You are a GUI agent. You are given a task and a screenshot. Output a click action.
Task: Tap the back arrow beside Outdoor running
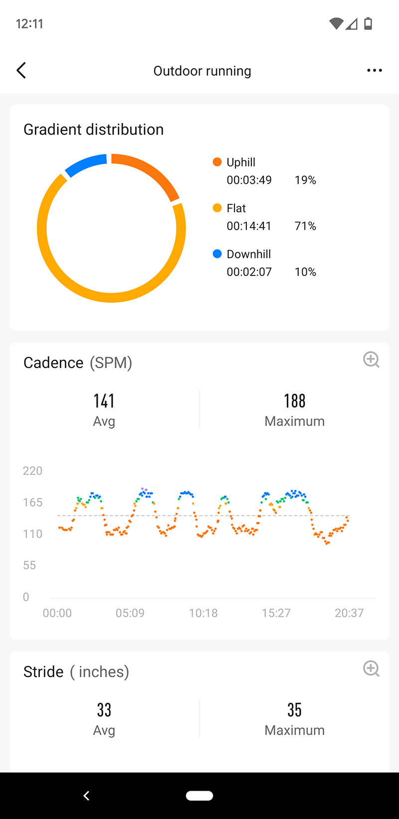pyautogui.click(x=21, y=71)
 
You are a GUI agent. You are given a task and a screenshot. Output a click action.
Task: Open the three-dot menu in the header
pyautogui.click(x=374, y=71)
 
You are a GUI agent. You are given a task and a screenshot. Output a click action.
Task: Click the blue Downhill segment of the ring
pyautogui.click(x=85, y=165)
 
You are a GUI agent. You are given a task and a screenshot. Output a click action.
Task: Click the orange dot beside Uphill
pyautogui.click(x=217, y=162)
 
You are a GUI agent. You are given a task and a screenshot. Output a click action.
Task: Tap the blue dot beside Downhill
pyautogui.click(x=217, y=254)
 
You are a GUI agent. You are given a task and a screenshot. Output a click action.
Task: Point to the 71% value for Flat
pyautogui.click(x=305, y=226)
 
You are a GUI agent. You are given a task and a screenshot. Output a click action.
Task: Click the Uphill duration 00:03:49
pyautogui.click(x=249, y=180)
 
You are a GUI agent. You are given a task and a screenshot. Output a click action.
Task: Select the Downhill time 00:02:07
pyautogui.click(x=249, y=272)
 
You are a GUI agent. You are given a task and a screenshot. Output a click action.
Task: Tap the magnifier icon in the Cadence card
pyautogui.click(x=371, y=360)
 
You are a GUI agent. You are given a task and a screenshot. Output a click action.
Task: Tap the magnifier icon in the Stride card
pyautogui.click(x=371, y=669)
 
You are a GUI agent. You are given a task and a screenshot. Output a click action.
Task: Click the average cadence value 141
pyautogui.click(x=104, y=401)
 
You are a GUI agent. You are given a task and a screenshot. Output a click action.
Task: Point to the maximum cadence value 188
pyautogui.click(x=294, y=401)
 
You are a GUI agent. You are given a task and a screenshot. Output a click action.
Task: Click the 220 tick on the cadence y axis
pyautogui.click(x=32, y=471)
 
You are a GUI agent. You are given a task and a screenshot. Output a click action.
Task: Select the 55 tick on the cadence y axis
pyautogui.click(x=29, y=565)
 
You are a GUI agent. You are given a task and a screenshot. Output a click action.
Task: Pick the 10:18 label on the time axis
pyautogui.click(x=203, y=613)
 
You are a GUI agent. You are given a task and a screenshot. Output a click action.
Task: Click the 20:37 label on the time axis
pyautogui.click(x=349, y=613)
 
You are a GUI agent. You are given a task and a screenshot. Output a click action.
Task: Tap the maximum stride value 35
pyautogui.click(x=294, y=710)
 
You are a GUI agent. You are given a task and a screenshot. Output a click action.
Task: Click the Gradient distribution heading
pyautogui.click(x=94, y=130)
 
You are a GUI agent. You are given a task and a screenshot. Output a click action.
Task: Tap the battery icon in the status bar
pyautogui.click(x=368, y=23)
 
